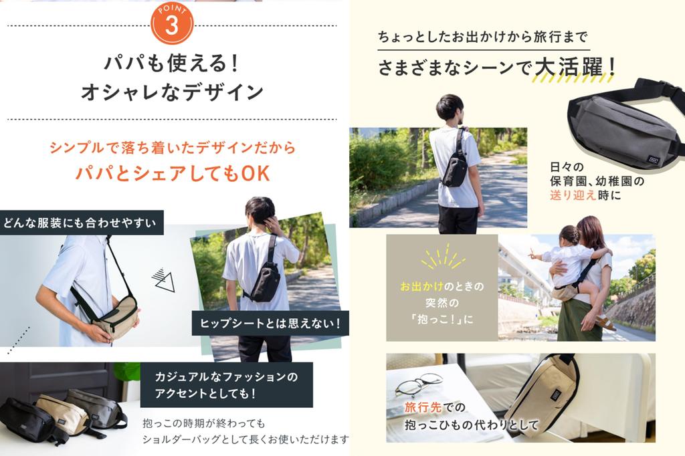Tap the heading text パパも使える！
[171, 64]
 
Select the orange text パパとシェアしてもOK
[172, 174]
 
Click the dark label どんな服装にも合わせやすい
[81, 223]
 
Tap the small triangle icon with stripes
[163, 279]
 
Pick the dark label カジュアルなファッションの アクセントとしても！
[226, 384]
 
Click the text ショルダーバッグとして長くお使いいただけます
[246, 439]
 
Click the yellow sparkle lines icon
[442, 257]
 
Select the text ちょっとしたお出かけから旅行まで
[482, 37]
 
